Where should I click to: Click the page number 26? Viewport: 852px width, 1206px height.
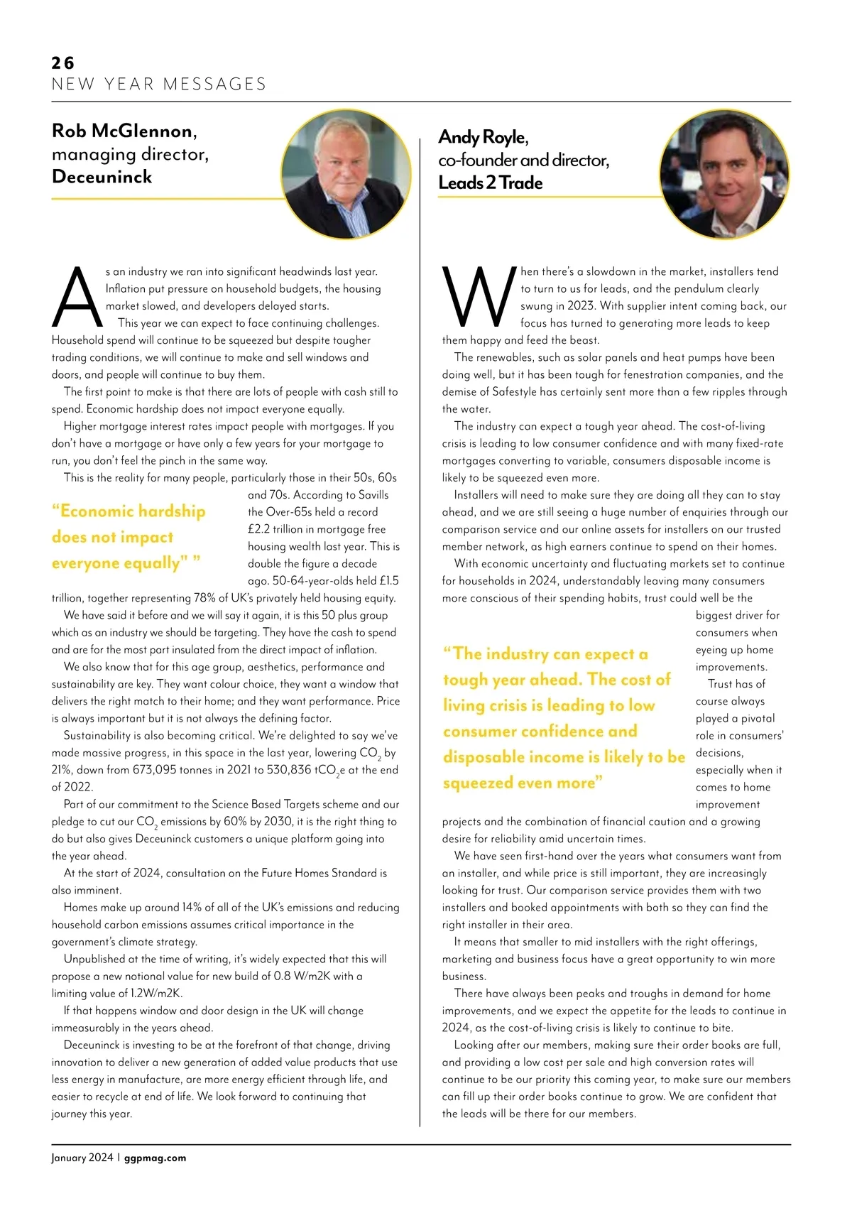(x=62, y=63)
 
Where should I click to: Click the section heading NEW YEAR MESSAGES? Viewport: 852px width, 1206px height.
(x=159, y=85)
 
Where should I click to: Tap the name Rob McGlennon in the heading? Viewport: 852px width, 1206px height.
(x=123, y=131)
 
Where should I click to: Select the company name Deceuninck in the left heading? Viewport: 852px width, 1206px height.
(x=102, y=177)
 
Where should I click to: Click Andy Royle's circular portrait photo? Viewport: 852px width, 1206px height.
(x=724, y=174)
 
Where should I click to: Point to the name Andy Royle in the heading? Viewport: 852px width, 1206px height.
(x=483, y=137)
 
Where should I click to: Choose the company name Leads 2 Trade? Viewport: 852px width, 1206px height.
(x=490, y=183)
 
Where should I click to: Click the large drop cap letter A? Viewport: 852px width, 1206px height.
(x=77, y=298)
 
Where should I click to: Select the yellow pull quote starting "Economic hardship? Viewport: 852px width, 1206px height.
(x=129, y=537)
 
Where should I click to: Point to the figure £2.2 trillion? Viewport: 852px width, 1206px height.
(x=279, y=529)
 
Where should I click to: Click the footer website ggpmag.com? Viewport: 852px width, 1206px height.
(x=155, y=1158)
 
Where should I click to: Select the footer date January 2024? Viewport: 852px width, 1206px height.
(x=82, y=1158)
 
